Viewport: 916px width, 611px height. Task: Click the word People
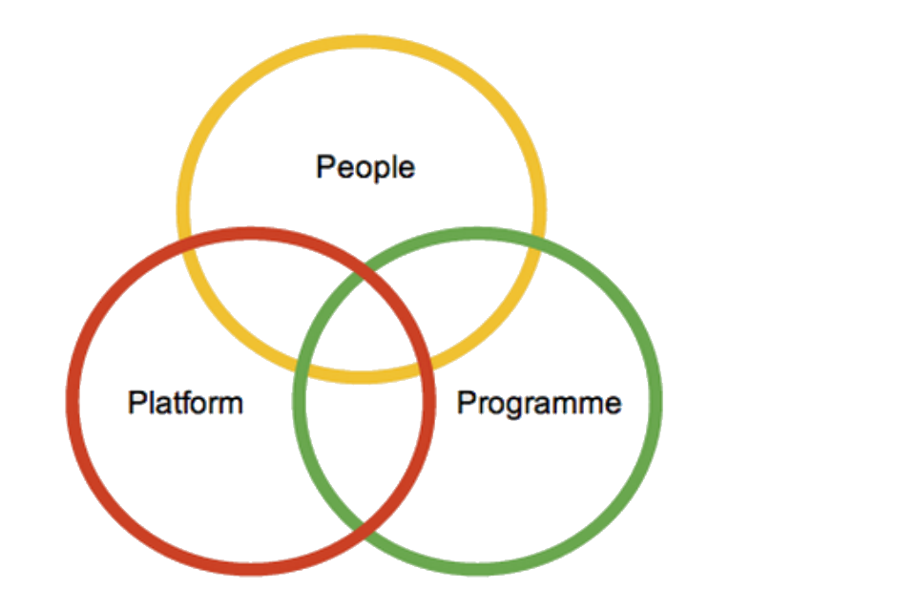[365, 168]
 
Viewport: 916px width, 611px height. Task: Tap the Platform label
[185, 402]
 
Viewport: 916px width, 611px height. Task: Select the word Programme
[539, 403]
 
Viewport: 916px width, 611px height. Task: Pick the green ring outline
[656, 401]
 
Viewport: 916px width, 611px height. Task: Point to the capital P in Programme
[466, 403]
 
